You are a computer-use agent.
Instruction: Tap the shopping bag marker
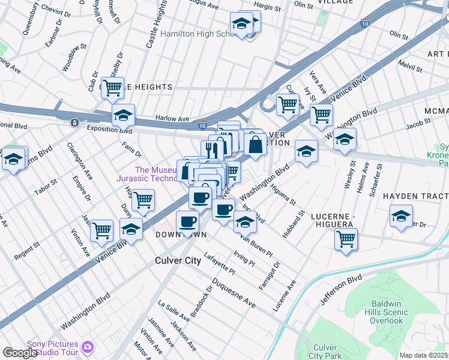pyautogui.click(x=255, y=145)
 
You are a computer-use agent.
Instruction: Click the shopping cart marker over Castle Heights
pyautogui.click(x=112, y=88)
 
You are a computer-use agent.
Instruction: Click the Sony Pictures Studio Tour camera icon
pyautogui.click(x=88, y=346)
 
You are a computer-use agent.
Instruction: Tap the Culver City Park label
pyautogui.click(x=325, y=352)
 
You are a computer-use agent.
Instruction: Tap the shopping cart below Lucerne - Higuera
pyautogui.click(x=346, y=238)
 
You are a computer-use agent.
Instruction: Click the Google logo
pyautogui.click(x=20, y=352)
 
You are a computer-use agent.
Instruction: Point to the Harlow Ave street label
pyautogui.click(x=172, y=118)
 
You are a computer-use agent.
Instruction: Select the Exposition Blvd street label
pyautogui.click(x=109, y=129)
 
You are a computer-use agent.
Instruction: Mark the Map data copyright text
pyautogui.click(x=424, y=355)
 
